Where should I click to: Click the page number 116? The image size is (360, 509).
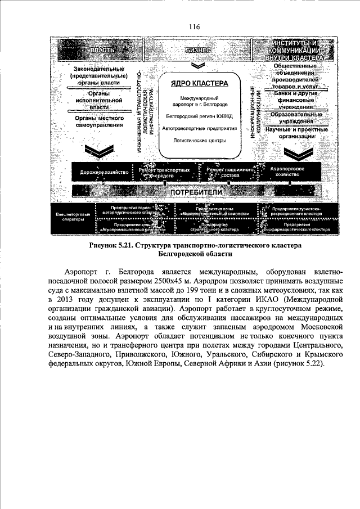pos(195,26)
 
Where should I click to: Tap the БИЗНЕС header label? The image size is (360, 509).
pos(197,50)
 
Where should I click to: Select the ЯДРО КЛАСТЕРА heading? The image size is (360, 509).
pos(199,84)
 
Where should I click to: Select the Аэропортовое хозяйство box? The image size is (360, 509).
pos(287,172)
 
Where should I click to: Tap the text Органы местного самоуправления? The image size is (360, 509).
pos(98,122)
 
